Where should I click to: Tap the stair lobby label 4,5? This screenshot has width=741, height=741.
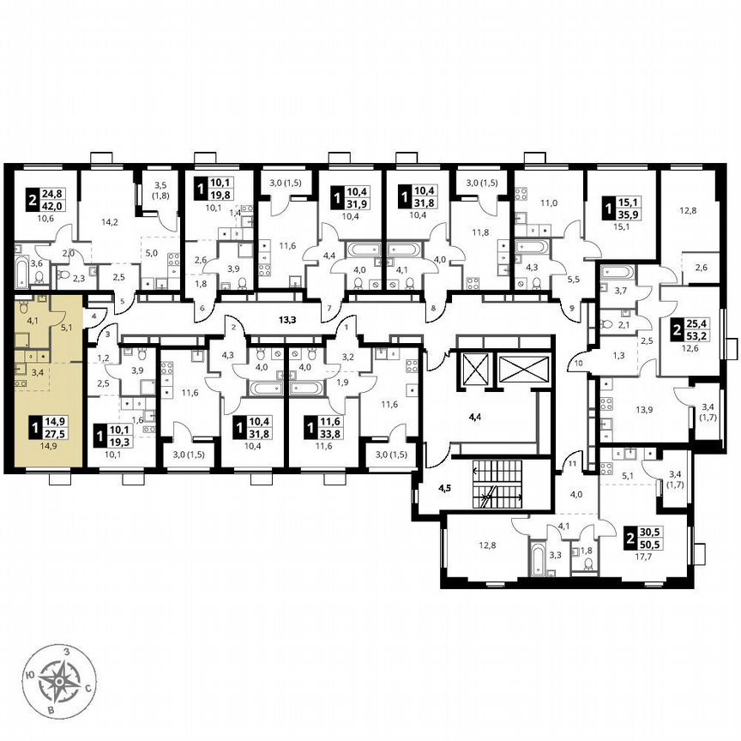(x=444, y=491)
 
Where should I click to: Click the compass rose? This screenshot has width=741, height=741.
(x=58, y=683)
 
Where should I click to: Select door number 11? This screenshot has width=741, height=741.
(x=569, y=464)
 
